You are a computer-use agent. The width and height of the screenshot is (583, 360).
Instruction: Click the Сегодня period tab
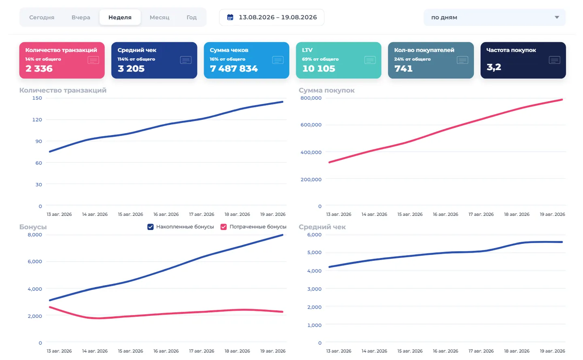click(x=42, y=17)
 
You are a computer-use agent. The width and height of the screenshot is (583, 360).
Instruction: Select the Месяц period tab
click(x=159, y=17)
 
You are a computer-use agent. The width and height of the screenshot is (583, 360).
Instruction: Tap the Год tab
click(x=191, y=17)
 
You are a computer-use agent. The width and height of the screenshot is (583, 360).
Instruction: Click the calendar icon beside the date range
click(x=230, y=17)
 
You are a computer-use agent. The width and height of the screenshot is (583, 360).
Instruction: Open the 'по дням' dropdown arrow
click(x=557, y=17)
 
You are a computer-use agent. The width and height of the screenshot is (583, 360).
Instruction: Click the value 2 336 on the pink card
click(x=39, y=68)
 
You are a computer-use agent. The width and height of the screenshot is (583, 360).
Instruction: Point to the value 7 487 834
click(x=234, y=68)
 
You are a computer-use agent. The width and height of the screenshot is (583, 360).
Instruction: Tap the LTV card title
click(x=307, y=50)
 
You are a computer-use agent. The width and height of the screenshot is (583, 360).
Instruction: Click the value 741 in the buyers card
click(x=403, y=68)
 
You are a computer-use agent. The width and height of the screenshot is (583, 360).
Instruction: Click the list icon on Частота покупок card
click(x=554, y=60)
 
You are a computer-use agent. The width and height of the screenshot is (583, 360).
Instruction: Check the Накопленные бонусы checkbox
click(x=151, y=227)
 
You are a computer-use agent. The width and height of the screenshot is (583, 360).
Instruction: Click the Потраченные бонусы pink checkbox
click(x=223, y=227)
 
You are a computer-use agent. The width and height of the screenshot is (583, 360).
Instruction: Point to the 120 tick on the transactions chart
click(x=37, y=120)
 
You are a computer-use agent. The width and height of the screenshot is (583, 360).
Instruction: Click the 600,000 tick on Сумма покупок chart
click(x=311, y=125)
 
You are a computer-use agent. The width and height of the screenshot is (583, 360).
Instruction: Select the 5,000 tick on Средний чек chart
click(x=315, y=252)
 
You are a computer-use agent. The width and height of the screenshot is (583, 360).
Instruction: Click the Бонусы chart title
click(x=33, y=227)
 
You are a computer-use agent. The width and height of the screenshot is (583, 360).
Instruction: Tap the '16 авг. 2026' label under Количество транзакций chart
click(x=166, y=214)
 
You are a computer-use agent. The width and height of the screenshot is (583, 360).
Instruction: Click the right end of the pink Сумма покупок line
click(x=562, y=100)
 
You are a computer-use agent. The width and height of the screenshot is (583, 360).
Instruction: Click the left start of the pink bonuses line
click(x=50, y=307)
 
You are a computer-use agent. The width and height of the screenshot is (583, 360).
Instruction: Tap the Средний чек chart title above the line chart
click(x=322, y=227)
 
